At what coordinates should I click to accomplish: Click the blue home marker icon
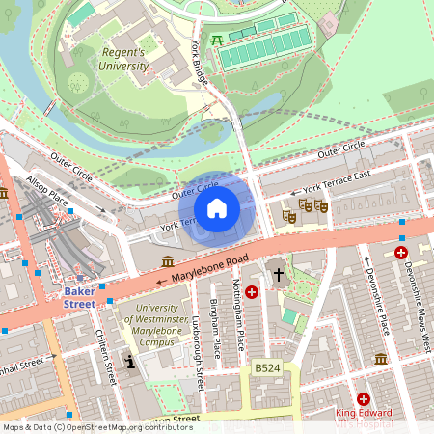click(217, 207)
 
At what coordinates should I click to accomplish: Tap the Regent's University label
click(124, 59)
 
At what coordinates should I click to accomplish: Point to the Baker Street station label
click(79, 296)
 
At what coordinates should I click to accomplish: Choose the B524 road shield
click(266, 368)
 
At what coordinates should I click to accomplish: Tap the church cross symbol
click(279, 275)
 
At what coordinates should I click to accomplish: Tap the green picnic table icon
click(218, 40)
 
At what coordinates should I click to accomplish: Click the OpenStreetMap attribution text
click(96, 427)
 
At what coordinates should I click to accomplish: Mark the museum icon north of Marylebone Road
click(168, 261)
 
